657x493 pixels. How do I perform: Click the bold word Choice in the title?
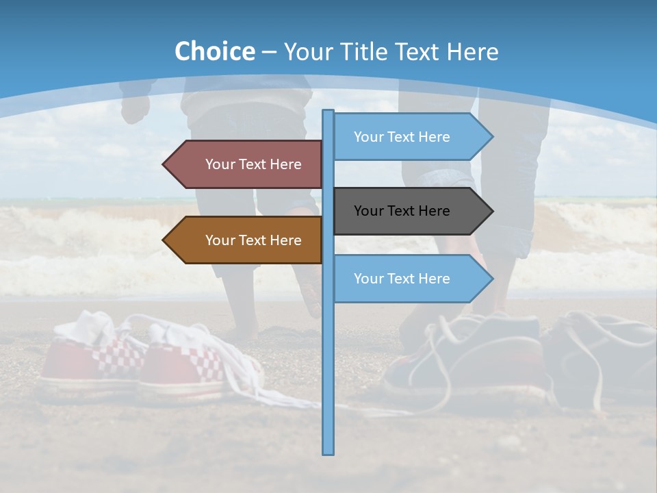[x=214, y=52]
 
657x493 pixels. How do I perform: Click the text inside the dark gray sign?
[x=402, y=211]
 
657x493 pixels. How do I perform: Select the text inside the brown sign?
[x=253, y=240]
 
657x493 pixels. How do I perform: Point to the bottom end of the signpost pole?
[x=328, y=452]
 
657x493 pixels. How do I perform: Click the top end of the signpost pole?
[x=328, y=112]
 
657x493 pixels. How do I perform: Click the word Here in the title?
[x=472, y=52]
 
